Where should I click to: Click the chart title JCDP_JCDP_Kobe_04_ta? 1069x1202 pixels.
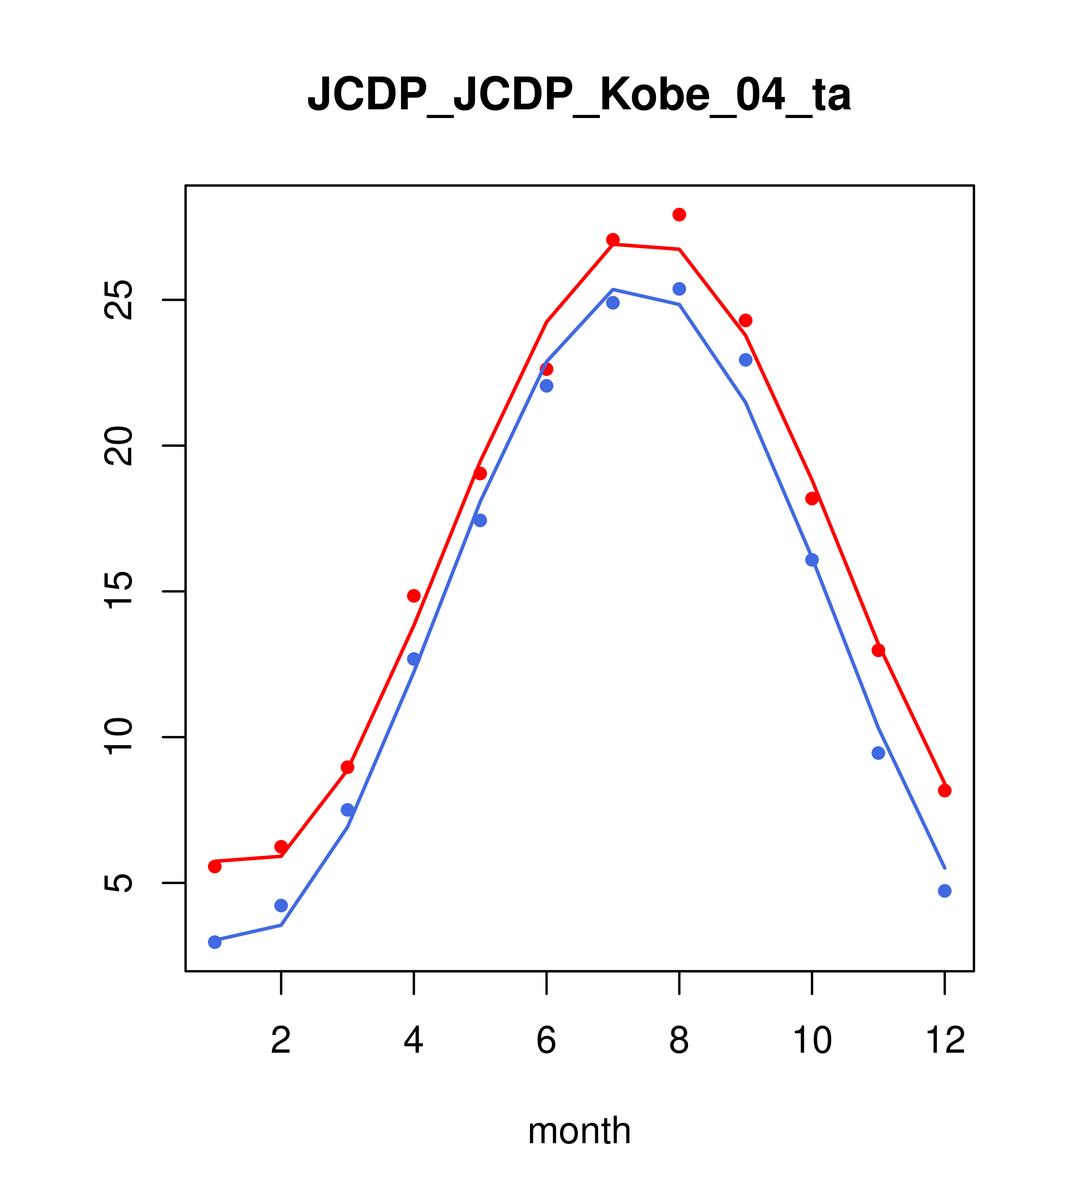click(x=579, y=95)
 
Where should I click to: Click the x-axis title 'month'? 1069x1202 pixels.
click(x=579, y=1130)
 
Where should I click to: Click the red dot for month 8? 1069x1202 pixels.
click(x=679, y=215)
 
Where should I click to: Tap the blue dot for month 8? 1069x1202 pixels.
click(x=679, y=289)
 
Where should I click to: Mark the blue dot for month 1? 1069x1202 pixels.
click(x=215, y=942)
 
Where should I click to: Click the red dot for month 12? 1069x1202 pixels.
click(x=945, y=791)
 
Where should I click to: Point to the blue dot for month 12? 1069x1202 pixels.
click(x=945, y=891)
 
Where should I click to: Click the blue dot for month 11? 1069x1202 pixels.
click(x=879, y=753)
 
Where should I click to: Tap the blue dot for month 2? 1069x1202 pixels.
click(x=281, y=906)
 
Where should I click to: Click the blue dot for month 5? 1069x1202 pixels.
click(x=480, y=520)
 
